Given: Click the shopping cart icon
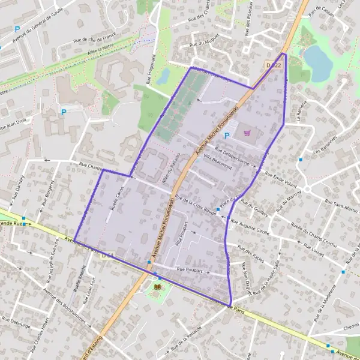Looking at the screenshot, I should coord(248,132).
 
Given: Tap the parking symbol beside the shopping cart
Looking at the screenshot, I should coord(227,136).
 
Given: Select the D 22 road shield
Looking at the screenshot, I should coord(273,64).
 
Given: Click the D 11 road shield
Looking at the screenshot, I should coord(107,256).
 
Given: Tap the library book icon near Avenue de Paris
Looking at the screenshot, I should coord(157,287).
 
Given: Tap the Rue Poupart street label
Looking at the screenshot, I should coord(190,271).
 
